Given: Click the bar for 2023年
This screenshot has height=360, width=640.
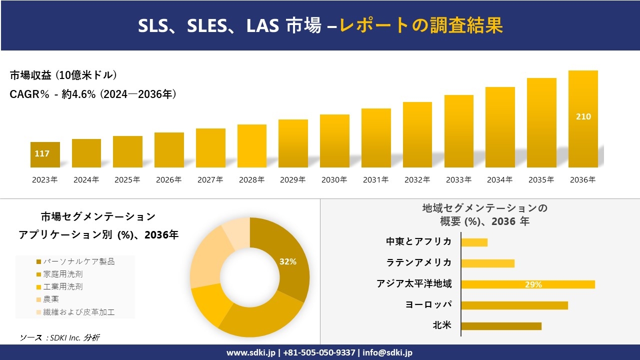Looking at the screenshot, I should tap(45, 155).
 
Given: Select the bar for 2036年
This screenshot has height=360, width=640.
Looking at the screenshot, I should tap(583, 119).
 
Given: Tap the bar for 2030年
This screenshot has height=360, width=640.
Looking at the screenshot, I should tap(334, 141).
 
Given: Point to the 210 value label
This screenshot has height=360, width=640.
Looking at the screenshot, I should tap(583, 116).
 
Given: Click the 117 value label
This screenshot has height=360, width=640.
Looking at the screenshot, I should tap(42, 153).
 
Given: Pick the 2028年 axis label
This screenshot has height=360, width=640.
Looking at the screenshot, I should tap(251, 180).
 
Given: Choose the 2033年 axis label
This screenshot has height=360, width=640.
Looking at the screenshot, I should tap(458, 180).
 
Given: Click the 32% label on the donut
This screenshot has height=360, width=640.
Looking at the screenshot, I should tap(287, 261).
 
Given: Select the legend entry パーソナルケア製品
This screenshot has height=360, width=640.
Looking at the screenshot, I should tap(78, 261).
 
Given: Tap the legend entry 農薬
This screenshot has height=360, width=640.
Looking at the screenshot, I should tap(50, 299).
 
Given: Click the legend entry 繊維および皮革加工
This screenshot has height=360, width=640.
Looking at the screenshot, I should tap(78, 312).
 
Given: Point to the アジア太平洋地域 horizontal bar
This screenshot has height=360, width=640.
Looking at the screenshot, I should tap(527, 284).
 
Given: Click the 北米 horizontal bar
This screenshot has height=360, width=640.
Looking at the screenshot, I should tap(501, 326).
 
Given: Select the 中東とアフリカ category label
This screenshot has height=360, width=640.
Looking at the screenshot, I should tap(418, 241).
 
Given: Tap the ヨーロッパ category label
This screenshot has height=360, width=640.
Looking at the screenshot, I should tap(428, 304).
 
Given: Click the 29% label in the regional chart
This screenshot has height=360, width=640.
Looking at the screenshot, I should tap(533, 284).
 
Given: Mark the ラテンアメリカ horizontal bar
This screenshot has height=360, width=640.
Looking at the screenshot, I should tap(487, 263).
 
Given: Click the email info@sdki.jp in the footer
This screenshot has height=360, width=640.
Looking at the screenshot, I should tap(388, 352).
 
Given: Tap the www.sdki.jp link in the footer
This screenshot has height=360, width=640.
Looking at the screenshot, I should tap(251, 352).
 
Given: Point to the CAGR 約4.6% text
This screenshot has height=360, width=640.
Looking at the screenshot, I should tap(93, 94).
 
